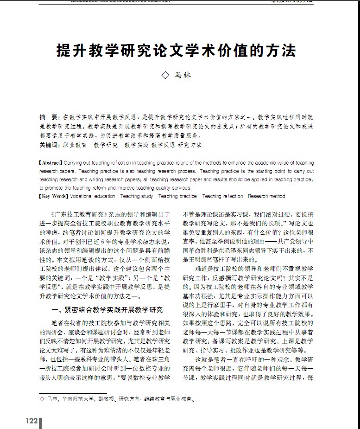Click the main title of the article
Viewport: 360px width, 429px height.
pyautogui.click(x=176, y=50)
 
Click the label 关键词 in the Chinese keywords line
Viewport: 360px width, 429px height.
pyautogui.click(x=49, y=145)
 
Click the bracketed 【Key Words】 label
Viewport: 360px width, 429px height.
pyautogui.click(x=53, y=196)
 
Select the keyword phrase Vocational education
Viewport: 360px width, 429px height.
pyautogui.click(x=93, y=196)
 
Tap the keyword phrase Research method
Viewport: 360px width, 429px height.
pyautogui.click(x=266, y=196)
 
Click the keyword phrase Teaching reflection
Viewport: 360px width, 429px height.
pyautogui.click(x=222, y=196)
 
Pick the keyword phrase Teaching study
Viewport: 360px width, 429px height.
pyautogui.click(x=137, y=196)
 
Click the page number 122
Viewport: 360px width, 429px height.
pyautogui.click(x=32, y=421)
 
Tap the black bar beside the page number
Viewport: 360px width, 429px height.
pyautogui.click(x=41, y=423)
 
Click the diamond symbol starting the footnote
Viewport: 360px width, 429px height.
pyautogui.click(x=42, y=398)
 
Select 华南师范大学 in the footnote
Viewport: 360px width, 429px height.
pyautogui.click(x=74, y=398)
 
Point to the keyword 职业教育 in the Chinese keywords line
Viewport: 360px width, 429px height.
pyautogui.click(x=75, y=145)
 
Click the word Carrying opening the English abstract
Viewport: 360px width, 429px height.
pyautogui.click(x=72, y=163)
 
